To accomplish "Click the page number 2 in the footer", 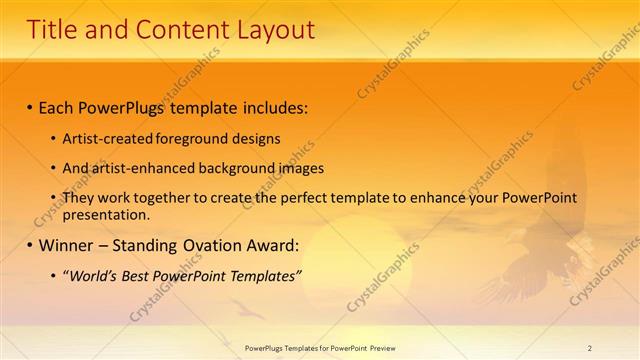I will click(589, 347).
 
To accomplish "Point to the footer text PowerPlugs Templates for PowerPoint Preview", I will click(320, 347).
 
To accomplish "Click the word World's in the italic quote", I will click(96, 275).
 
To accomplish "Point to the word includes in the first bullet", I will click(273, 105).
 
